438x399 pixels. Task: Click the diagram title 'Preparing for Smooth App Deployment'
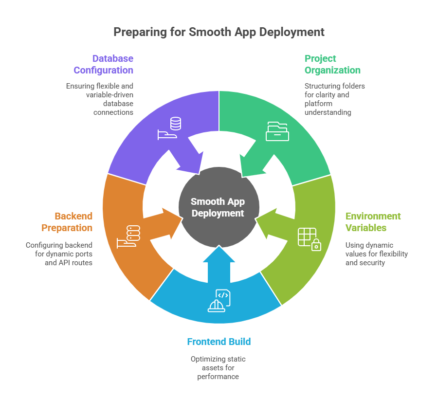[x=219, y=32]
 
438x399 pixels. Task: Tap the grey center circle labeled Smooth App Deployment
[x=218, y=207]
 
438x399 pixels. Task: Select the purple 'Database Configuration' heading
[x=103, y=64]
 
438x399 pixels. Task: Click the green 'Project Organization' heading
[x=332, y=64]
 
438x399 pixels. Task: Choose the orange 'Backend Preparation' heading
[x=67, y=222]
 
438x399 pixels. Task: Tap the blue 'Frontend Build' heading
[x=219, y=342]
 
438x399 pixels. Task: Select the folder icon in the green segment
[x=277, y=131]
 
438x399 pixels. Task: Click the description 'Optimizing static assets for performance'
[x=218, y=368]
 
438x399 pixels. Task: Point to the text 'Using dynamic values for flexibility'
[x=376, y=250]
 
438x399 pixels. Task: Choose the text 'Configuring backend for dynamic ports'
[x=59, y=250]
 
